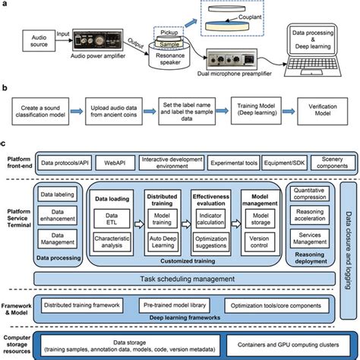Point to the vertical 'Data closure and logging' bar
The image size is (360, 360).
346,235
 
